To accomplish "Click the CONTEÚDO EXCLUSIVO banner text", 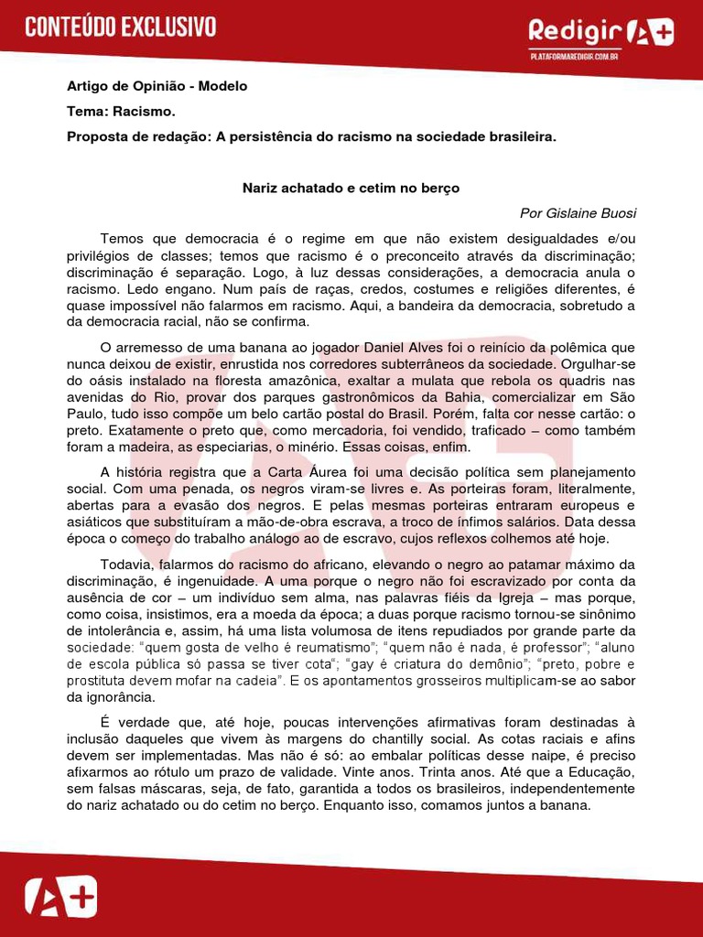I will click(121, 27).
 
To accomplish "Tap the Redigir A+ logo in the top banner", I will click(600, 33).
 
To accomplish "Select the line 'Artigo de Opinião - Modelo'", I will click(157, 86).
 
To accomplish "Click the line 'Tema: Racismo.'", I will click(121, 112).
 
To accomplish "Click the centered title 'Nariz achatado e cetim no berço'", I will click(351, 188).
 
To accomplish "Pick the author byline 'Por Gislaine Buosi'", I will click(578, 213).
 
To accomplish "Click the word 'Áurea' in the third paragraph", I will click(324, 472).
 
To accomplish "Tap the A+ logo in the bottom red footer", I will click(59, 897).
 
